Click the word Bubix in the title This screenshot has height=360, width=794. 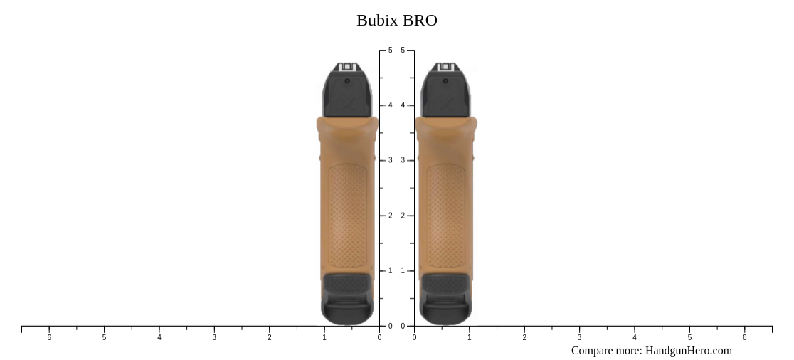click(377, 21)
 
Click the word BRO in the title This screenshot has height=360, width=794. click(420, 21)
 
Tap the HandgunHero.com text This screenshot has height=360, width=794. click(688, 350)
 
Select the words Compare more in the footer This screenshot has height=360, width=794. click(605, 350)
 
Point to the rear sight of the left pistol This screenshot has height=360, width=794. click(347, 67)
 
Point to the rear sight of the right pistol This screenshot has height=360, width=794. click(445, 67)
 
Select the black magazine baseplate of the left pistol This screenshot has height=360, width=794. click(347, 299)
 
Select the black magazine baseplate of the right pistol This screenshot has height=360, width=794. click(445, 299)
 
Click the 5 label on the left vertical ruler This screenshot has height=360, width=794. click(390, 51)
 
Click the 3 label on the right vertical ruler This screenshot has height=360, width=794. click(403, 161)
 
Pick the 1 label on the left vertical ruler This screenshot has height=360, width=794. click(390, 271)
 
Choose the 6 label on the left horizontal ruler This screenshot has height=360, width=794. click(49, 337)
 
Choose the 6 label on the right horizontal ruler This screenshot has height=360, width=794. click(745, 337)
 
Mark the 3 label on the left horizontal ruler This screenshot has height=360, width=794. click(214, 337)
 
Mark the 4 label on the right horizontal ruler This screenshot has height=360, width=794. click(635, 337)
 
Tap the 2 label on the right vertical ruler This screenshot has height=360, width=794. click(403, 216)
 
